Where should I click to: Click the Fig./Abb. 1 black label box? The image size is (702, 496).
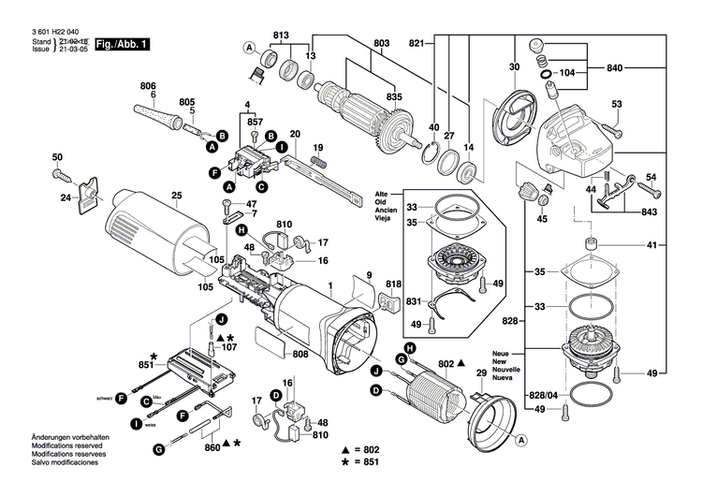click(123, 44)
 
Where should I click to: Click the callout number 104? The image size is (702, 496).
click(567, 72)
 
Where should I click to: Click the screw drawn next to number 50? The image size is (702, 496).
click(59, 174)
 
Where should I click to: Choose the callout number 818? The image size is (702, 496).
click(393, 284)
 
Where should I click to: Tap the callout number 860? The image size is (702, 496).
click(212, 447)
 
